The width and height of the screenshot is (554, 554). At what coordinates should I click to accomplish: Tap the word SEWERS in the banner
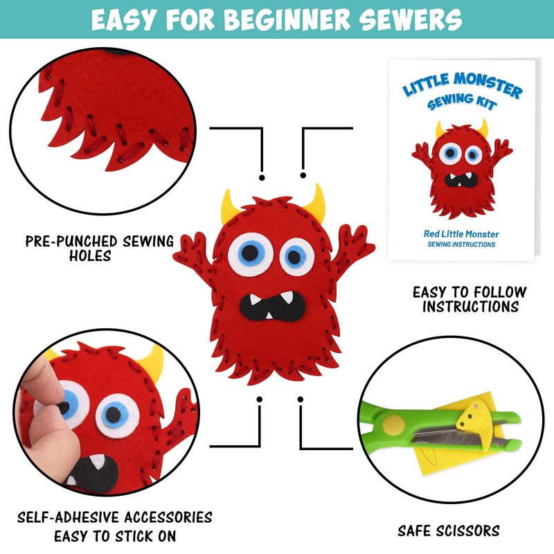pyautogui.click(x=411, y=19)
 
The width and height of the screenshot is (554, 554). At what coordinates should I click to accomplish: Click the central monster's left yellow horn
pyautogui.click(x=229, y=207)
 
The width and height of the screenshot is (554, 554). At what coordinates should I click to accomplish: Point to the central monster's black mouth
pyautogui.click(x=272, y=306)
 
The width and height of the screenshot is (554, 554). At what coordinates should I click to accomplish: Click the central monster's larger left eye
pyautogui.click(x=251, y=253)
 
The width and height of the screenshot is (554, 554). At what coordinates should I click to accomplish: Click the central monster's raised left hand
pyautogui.click(x=191, y=249)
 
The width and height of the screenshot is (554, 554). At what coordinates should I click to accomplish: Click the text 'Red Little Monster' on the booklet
pyautogui.click(x=461, y=234)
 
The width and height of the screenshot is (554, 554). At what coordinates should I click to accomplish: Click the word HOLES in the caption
pyautogui.click(x=90, y=256)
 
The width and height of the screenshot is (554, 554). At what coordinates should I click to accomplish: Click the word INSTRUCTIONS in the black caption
pyautogui.click(x=471, y=306)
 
